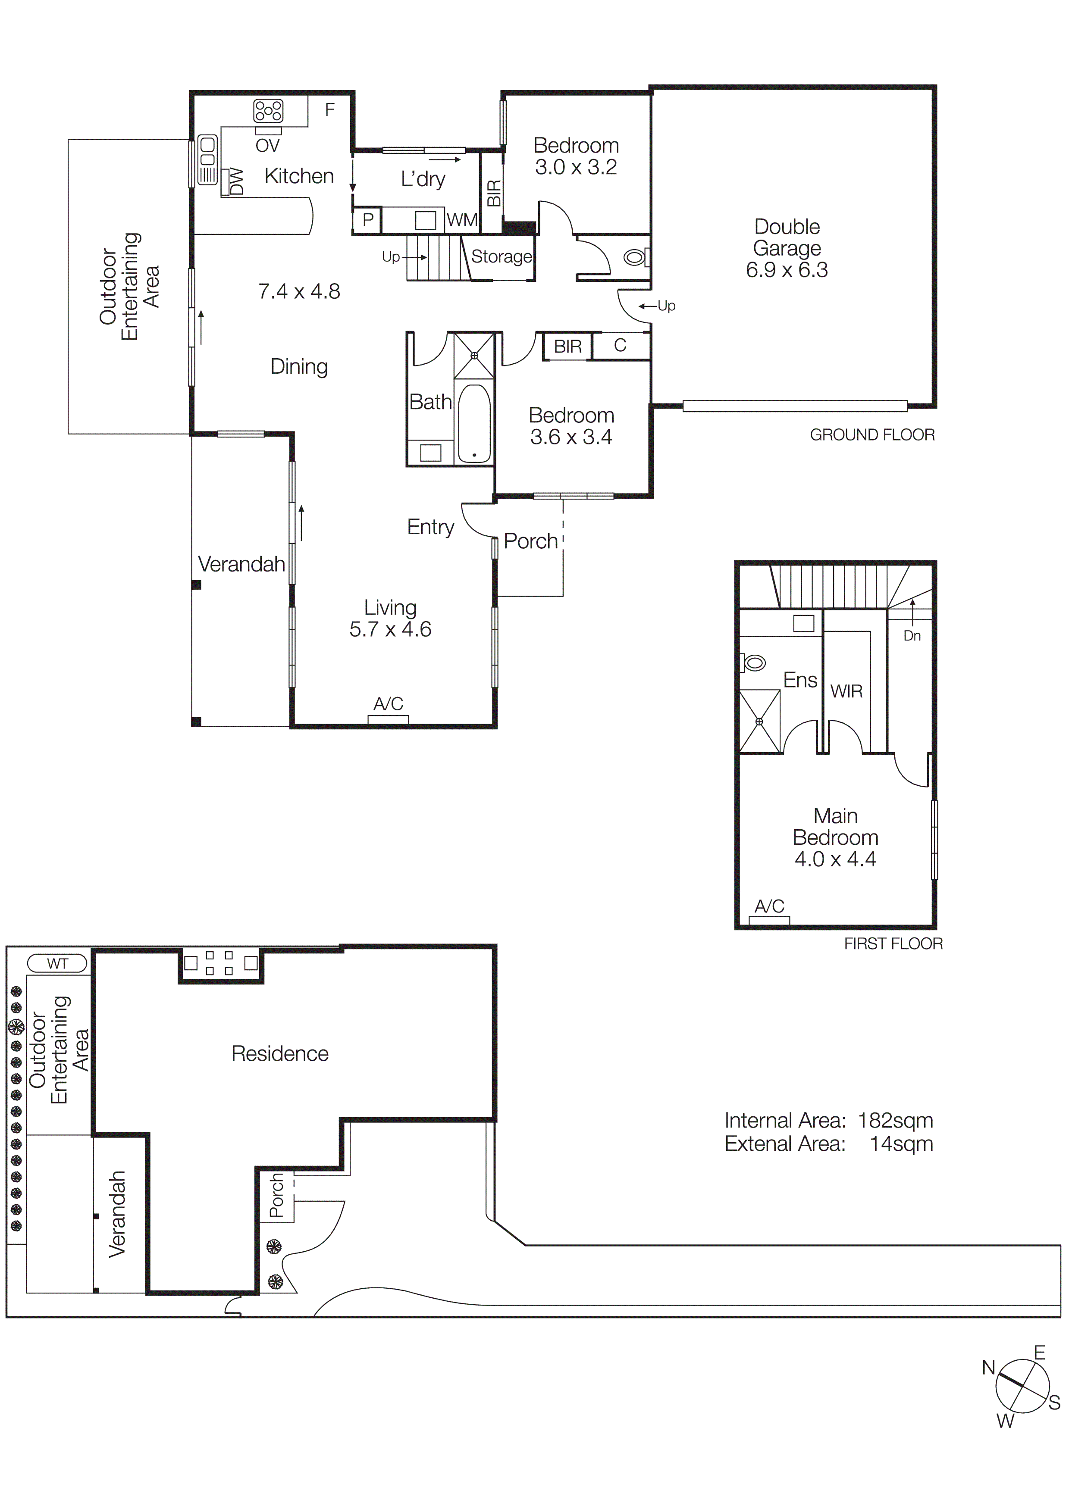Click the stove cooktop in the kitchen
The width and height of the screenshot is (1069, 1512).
click(269, 111)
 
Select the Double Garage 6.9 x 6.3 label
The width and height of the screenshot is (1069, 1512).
click(787, 248)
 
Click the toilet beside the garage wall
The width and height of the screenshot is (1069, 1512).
click(634, 257)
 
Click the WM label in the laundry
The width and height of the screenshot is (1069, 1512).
click(462, 220)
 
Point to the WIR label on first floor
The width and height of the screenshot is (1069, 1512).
click(846, 691)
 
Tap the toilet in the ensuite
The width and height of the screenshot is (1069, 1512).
click(753, 662)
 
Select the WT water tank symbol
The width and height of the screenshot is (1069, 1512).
click(57, 963)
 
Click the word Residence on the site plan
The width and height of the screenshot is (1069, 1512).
click(279, 1054)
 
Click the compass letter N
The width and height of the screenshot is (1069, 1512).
click(988, 1368)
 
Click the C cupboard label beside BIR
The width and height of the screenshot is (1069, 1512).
click(620, 346)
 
